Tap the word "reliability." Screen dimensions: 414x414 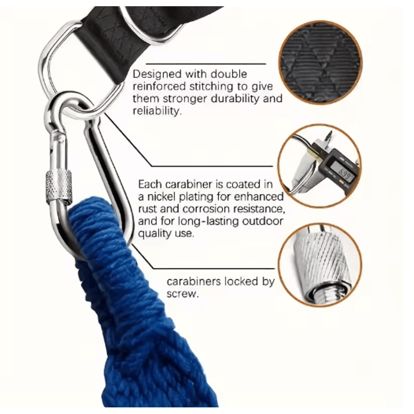click(x=157, y=111)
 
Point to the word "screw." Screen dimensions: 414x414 click(x=183, y=294)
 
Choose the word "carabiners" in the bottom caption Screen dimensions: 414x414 click(x=193, y=282)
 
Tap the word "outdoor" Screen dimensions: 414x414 click(x=263, y=221)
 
